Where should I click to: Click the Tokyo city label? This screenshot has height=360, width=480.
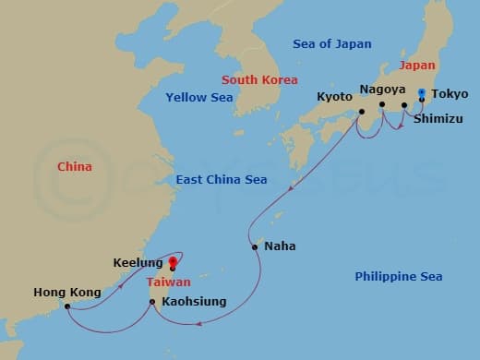(450, 93)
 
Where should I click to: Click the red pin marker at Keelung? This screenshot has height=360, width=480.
(173, 263)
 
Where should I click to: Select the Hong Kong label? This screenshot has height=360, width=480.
(66, 293)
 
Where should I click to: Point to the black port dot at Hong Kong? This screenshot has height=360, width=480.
(67, 306)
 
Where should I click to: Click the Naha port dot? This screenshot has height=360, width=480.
(254, 246)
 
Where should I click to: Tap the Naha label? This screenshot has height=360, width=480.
(280, 246)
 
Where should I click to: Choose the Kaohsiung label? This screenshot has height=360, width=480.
(193, 302)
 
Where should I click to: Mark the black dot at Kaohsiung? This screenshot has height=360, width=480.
(151, 302)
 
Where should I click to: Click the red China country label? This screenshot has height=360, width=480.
(74, 167)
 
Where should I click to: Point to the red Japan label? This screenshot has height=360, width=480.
(416, 66)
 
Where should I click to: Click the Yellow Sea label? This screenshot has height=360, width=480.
(197, 97)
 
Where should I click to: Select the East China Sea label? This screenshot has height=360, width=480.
(222, 180)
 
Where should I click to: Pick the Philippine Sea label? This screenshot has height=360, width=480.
(399, 276)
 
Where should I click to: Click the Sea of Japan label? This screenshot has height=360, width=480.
(331, 43)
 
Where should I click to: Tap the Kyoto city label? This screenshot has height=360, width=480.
(333, 96)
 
